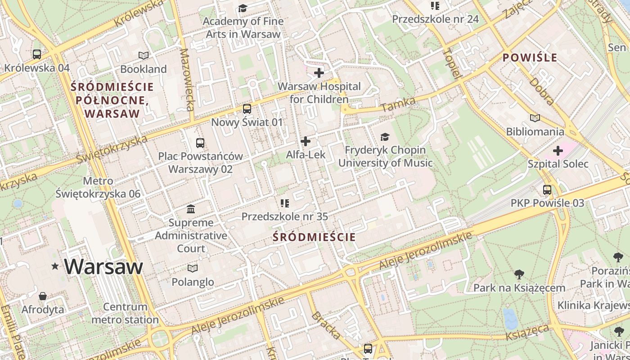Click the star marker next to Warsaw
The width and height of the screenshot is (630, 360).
click(x=55, y=266)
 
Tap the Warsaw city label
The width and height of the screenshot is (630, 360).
click(x=103, y=267)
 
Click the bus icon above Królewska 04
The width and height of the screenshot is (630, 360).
click(x=37, y=54)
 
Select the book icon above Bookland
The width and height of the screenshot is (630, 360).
click(x=144, y=55)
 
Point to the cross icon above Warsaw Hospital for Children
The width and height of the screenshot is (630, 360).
click(x=319, y=72)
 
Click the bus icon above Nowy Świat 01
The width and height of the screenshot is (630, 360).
click(x=247, y=109)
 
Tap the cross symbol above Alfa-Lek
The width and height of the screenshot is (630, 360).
click(x=306, y=141)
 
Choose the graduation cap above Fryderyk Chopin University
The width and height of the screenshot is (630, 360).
click(x=385, y=137)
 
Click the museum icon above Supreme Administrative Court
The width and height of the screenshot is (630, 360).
click(x=191, y=209)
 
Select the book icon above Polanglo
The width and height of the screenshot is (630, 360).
click(x=193, y=269)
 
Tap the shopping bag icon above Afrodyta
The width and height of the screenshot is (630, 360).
click(x=43, y=296)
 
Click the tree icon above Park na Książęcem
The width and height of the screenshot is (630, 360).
click(x=519, y=274)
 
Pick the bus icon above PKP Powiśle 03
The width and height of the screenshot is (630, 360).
click(x=547, y=190)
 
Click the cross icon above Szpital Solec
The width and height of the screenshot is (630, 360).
click(x=558, y=150)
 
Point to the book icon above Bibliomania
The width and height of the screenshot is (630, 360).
click(x=535, y=118)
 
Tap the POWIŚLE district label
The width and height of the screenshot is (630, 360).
click(x=530, y=58)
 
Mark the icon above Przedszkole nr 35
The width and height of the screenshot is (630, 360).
click(x=284, y=203)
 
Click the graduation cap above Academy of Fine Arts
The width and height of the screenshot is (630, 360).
click(x=243, y=8)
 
